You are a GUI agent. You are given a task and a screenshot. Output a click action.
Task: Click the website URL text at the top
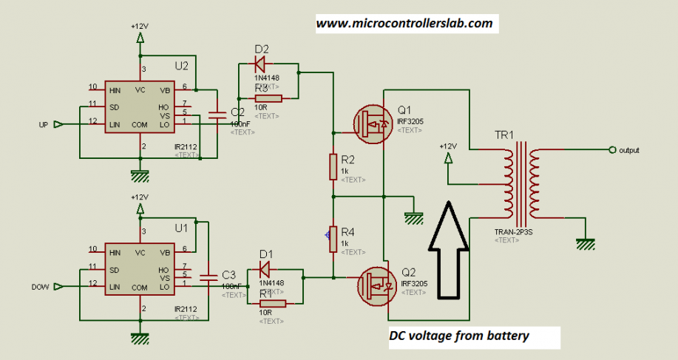coord(404,24)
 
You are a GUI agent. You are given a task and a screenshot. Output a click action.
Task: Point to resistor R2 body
coord(333,167)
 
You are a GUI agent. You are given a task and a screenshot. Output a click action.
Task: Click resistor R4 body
coord(333,239)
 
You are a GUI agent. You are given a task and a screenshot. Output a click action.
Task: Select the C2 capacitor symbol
coord(217,115)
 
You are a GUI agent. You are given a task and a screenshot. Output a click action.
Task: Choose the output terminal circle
coord(611,150)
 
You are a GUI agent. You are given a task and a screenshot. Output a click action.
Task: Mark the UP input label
coord(43,125)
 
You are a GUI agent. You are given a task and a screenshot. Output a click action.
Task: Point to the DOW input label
coord(40,286)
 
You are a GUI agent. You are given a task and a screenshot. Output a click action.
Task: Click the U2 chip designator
coord(182,66)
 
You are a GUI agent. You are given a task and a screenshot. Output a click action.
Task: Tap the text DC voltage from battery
coord(459,336)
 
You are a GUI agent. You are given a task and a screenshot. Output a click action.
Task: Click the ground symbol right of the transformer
coord(586,243)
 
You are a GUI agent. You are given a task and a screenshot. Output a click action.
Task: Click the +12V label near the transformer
coord(447,146)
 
